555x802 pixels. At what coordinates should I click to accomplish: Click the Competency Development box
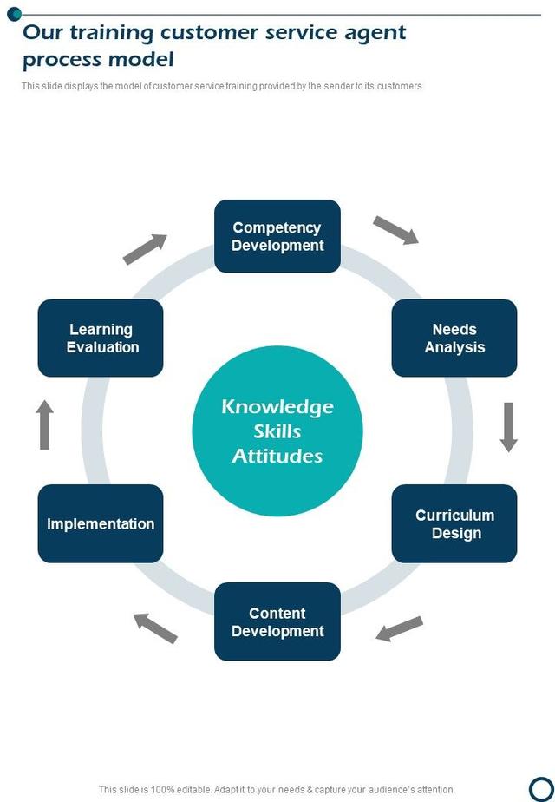pyautogui.click(x=277, y=236)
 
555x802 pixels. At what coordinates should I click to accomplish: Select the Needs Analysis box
pyautogui.click(x=454, y=338)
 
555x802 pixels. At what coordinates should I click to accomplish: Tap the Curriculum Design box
pyautogui.click(x=454, y=523)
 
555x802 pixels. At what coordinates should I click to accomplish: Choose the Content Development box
pyautogui.click(x=277, y=621)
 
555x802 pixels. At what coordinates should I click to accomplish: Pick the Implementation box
pyautogui.click(x=101, y=523)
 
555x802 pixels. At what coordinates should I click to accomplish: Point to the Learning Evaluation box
pyautogui.click(x=101, y=338)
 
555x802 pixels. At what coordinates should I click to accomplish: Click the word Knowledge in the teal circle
pyautogui.click(x=277, y=406)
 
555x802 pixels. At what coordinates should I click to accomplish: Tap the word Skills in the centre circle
pyautogui.click(x=277, y=431)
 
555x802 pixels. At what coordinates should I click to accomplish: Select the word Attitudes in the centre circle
pyautogui.click(x=277, y=456)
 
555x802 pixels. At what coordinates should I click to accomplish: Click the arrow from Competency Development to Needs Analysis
pyautogui.click(x=396, y=230)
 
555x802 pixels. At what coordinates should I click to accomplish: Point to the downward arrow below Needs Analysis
pyautogui.click(x=509, y=426)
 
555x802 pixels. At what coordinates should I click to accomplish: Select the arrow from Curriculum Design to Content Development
pyautogui.click(x=399, y=628)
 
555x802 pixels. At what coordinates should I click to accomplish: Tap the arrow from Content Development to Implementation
pyautogui.click(x=155, y=628)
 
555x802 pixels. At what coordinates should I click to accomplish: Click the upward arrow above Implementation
pyautogui.click(x=45, y=424)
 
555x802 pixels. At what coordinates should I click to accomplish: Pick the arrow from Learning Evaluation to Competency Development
pyautogui.click(x=145, y=248)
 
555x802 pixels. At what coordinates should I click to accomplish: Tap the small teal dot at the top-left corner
pyautogui.click(x=14, y=13)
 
